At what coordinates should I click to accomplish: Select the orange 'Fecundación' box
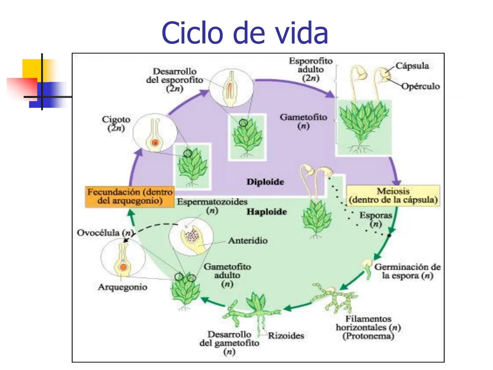(129, 196)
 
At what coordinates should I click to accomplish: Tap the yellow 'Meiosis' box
(393, 196)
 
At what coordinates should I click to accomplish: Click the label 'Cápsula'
(412, 66)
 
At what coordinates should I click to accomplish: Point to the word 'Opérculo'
(420, 86)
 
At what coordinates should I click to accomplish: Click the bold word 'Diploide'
(265, 182)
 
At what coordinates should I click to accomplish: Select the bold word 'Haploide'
(267, 212)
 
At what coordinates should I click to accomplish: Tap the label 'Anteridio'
(248, 241)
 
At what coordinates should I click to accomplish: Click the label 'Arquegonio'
(123, 287)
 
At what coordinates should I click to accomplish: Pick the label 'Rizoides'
(286, 336)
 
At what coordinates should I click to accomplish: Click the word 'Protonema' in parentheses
(368, 336)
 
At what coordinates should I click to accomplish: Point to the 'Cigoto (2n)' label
(116, 124)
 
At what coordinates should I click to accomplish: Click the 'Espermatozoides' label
(212, 202)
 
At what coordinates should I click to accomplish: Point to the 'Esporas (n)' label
(375, 219)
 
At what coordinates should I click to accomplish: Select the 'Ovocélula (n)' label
(104, 233)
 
